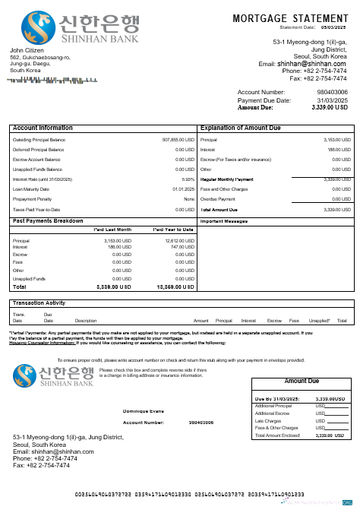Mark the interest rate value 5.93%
click(188, 179)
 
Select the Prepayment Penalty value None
click(189, 199)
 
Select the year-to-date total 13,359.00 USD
click(176, 287)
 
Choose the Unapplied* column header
click(320, 321)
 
